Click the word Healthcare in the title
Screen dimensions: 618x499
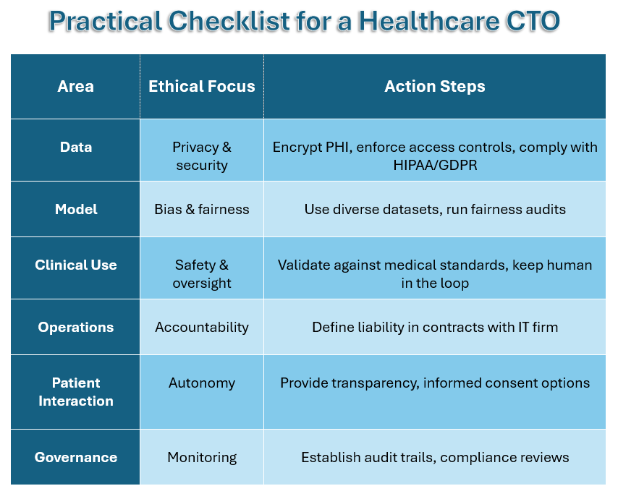click(x=428, y=21)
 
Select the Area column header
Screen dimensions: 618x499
click(x=76, y=86)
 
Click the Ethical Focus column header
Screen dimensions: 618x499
click(x=202, y=86)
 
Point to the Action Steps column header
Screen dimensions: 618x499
click(x=435, y=86)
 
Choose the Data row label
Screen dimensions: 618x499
click(x=76, y=147)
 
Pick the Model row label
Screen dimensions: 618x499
click(x=76, y=209)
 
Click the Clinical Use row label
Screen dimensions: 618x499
click(x=76, y=265)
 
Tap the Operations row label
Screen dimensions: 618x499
click(x=76, y=328)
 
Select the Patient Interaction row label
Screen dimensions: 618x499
click(x=76, y=392)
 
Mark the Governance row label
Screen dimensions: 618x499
click(x=76, y=457)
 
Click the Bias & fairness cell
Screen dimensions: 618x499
click(x=202, y=209)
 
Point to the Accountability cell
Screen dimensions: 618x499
click(x=202, y=328)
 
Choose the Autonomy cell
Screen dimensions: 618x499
click(x=202, y=383)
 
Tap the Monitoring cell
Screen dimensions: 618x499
click(x=202, y=457)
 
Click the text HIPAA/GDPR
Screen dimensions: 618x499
click(x=435, y=165)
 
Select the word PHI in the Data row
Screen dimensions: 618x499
click(x=339, y=147)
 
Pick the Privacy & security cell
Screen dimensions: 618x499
click(x=202, y=156)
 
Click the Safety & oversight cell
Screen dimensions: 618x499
click(x=202, y=273)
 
